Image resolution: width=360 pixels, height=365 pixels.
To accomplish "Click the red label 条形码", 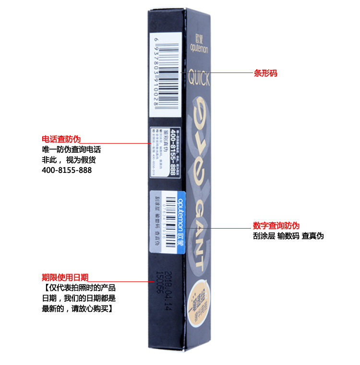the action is pyautogui.click(x=265, y=73).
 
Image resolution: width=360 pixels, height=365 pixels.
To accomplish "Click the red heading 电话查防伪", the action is pyautogui.click(x=61, y=139).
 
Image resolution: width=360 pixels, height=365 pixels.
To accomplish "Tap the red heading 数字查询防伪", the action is pyautogui.click(x=276, y=225).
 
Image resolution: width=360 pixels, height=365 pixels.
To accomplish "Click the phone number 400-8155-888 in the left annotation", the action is pyautogui.click(x=67, y=170).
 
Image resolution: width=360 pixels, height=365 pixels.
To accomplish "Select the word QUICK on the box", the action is pyautogui.click(x=199, y=79).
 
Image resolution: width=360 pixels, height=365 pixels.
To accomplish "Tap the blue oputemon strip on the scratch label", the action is pyautogui.click(x=181, y=221).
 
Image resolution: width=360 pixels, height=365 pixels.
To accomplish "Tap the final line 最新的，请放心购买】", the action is pyautogui.click(x=77, y=308).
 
